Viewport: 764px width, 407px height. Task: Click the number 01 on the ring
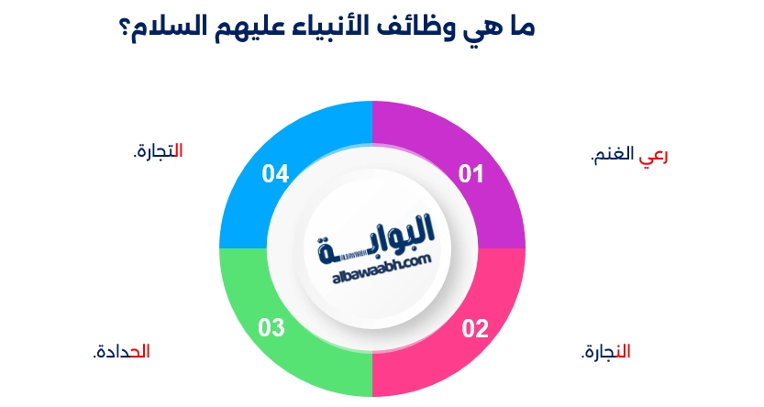point(471,173)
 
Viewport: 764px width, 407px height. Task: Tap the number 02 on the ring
point(474,327)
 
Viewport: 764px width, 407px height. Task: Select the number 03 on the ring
point(272,327)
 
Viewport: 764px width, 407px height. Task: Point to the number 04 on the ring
point(276,173)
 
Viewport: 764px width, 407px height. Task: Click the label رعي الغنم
point(629,156)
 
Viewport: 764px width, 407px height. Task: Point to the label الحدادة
point(121,351)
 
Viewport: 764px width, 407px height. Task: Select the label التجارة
point(158,150)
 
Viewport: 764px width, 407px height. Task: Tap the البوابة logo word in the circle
point(376,236)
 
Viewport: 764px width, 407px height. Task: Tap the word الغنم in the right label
point(617,156)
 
